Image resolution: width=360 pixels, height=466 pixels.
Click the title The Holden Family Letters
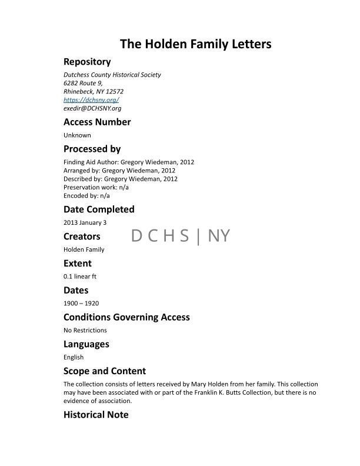195,44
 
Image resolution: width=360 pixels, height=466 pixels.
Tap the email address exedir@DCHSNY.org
92,108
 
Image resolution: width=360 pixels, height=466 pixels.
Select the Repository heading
87,62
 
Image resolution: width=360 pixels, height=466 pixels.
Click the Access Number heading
97,122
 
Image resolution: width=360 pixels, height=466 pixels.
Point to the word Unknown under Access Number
77,135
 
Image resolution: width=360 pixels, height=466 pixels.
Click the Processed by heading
92,149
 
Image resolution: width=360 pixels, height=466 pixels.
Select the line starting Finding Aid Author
128,162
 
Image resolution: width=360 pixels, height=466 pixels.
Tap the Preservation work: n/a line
96,187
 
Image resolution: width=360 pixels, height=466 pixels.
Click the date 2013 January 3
85,222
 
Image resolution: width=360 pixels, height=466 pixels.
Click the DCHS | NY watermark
181,236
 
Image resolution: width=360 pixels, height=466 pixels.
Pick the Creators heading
82,237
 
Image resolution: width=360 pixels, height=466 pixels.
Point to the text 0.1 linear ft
79,276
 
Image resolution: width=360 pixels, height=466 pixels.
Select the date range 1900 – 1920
81,304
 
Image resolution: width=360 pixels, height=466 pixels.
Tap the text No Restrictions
85,330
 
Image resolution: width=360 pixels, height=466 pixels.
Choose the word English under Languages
74,357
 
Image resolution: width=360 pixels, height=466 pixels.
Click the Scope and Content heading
105,371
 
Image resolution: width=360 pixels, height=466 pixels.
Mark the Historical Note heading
96,415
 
